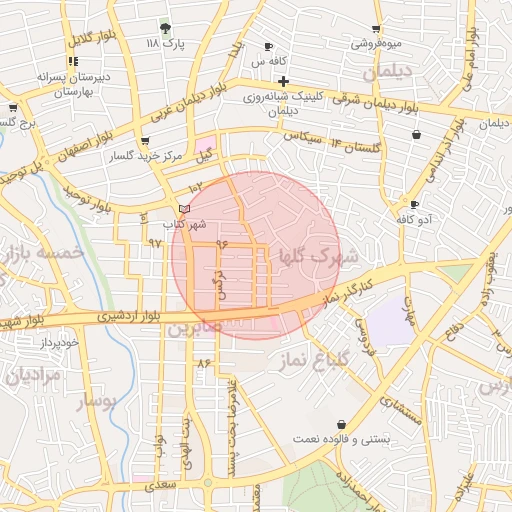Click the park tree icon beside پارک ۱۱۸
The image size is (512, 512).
(x=165, y=28)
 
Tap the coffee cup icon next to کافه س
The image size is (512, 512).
(x=268, y=47)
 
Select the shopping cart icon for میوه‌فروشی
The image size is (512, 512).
(x=376, y=29)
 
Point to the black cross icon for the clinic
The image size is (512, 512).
(x=284, y=81)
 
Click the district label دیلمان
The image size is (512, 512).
(x=386, y=72)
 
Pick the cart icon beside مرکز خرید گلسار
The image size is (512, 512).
(x=146, y=141)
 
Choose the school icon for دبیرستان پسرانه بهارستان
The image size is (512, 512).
(x=74, y=61)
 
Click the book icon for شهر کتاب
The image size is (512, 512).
(x=182, y=208)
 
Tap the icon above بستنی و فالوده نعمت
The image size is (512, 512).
(x=343, y=424)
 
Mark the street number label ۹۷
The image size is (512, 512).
(x=155, y=243)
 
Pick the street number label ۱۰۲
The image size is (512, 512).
(x=195, y=186)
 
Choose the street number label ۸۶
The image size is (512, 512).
(x=204, y=361)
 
